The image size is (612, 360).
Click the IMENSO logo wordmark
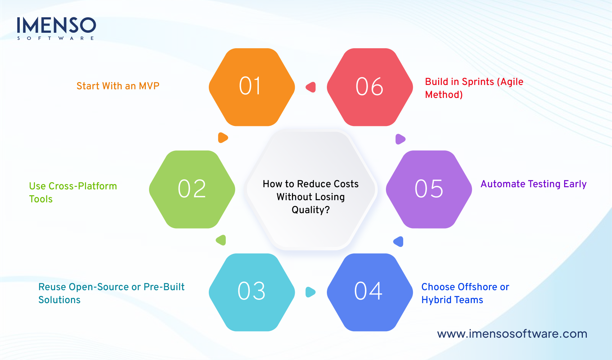(x=56, y=26)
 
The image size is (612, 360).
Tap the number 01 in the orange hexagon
(x=250, y=86)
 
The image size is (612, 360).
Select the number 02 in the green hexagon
(x=192, y=189)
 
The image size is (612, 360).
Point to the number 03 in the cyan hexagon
(x=252, y=291)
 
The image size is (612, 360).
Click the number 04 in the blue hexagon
(x=368, y=291)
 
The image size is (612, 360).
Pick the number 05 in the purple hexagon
(x=429, y=189)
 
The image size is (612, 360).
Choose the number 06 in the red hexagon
(x=369, y=87)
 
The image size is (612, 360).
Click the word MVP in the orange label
(x=149, y=86)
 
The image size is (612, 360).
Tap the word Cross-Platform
(x=83, y=186)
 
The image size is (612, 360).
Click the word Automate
(x=503, y=184)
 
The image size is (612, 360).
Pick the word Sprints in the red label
(x=478, y=82)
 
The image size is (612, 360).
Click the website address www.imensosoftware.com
(x=512, y=334)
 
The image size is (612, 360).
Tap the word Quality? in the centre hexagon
(x=310, y=210)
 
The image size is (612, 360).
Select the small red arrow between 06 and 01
(x=311, y=87)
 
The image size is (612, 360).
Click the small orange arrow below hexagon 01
(x=223, y=138)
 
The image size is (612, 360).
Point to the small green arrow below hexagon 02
(x=221, y=240)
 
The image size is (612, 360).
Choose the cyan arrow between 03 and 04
(x=310, y=292)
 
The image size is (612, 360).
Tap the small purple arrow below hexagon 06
(x=400, y=139)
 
